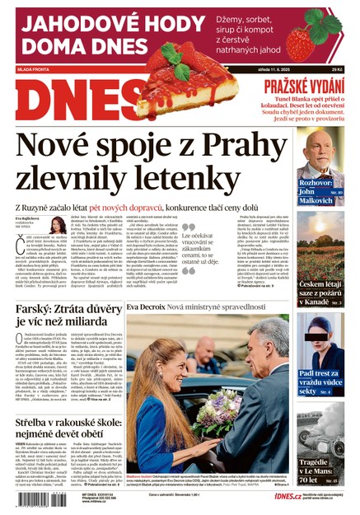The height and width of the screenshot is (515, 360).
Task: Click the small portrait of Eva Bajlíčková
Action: click(x=58, y=226)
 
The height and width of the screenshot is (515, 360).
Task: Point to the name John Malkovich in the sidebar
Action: click(x=321, y=195)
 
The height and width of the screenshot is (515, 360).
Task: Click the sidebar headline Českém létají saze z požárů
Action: click(x=320, y=289)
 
